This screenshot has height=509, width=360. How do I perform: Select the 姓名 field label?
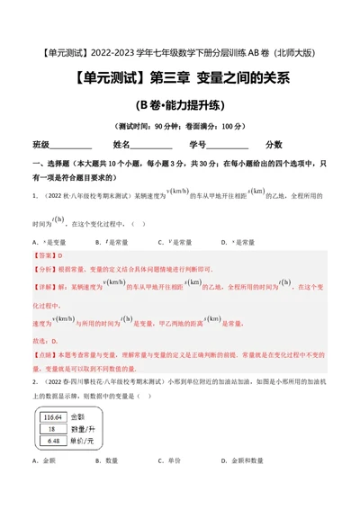click(x=121, y=145)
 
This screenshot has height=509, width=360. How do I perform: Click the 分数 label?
click(x=274, y=145)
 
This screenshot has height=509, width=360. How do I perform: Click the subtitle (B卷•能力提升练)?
click(x=179, y=104)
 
